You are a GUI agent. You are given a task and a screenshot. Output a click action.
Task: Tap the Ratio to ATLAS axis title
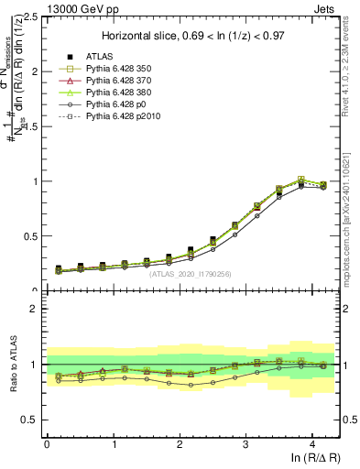(12, 365)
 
